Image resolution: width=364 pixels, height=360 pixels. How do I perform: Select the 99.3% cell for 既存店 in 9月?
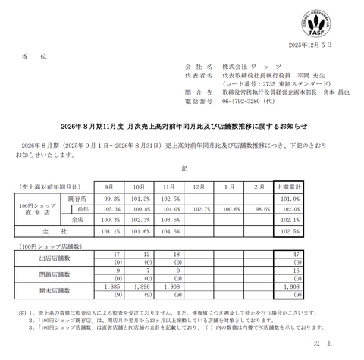tap(108, 198)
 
